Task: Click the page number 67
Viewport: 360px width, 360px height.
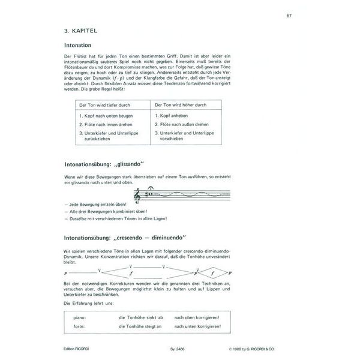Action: point(289,15)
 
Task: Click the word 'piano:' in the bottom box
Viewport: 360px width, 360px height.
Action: point(77,317)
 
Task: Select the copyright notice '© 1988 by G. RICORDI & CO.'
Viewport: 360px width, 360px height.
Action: point(260,349)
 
